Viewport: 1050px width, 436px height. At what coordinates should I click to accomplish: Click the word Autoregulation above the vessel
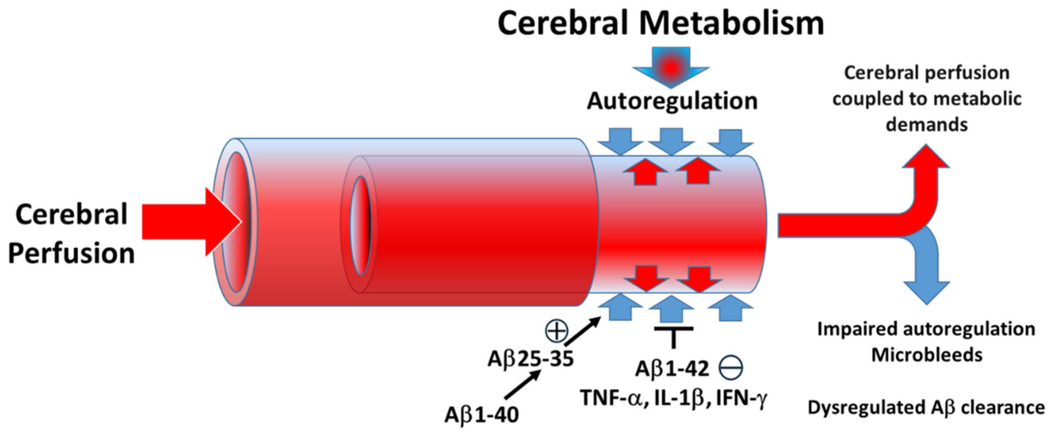tap(672, 101)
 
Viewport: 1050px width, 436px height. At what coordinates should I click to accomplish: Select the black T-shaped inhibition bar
tap(673, 336)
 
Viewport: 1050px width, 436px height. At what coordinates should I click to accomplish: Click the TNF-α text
tap(614, 398)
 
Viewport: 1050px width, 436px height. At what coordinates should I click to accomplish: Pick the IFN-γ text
tap(742, 398)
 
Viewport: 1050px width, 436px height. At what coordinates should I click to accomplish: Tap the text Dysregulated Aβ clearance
tap(926, 408)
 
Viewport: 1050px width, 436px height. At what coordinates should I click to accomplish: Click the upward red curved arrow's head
tap(926, 157)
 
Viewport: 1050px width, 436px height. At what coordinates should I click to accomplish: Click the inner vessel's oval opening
tap(360, 226)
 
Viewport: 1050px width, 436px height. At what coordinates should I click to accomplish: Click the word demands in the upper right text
tap(927, 125)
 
